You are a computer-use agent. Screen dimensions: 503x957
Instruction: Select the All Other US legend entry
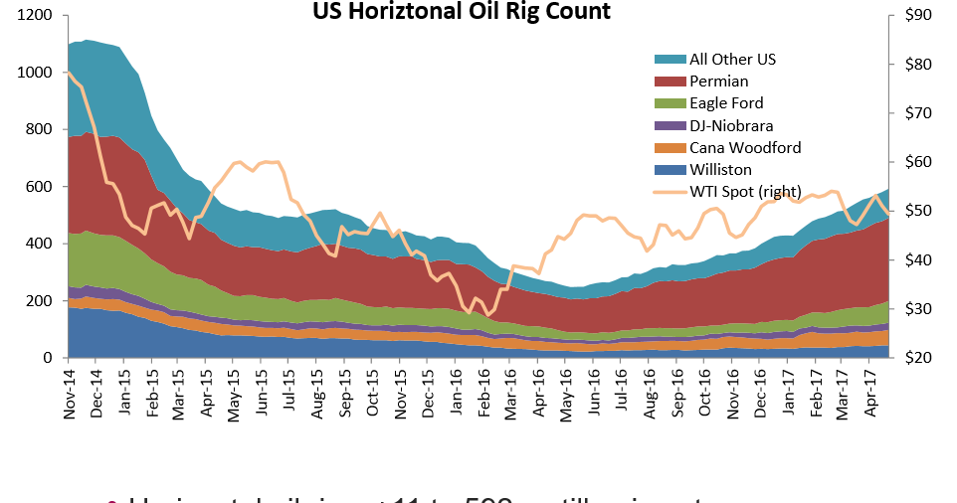(732, 60)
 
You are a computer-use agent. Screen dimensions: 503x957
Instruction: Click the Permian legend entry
(718, 82)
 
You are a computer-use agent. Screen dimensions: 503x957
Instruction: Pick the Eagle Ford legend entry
(726, 103)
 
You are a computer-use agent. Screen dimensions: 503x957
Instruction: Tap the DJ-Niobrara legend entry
(731, 125)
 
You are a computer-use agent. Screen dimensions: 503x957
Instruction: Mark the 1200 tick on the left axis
(35, 16)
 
